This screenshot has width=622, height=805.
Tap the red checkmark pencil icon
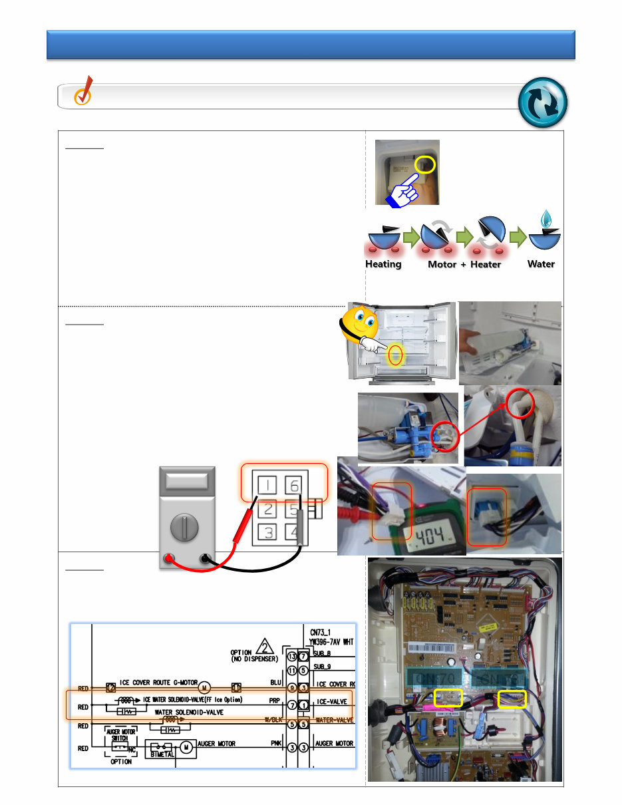(x=84, y=93)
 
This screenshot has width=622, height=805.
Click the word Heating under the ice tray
(x=383, y=264)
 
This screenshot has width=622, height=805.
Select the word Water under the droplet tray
(x=541, y=264)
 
